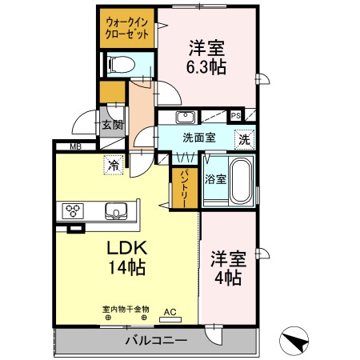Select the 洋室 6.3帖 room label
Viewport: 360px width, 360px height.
tap(207, 56)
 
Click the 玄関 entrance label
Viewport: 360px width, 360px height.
tap(112, 125)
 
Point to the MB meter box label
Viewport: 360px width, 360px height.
tap(75, 146)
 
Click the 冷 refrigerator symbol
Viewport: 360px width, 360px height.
tap(114, 166)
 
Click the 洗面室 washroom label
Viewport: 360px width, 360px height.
tap(198, 138)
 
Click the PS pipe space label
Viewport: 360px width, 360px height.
tap(235, 115)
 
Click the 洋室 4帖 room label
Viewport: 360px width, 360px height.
tap(226, 269)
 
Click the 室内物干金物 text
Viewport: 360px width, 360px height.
tap(126, 308)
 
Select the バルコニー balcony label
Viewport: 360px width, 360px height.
tap(155, 342)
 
